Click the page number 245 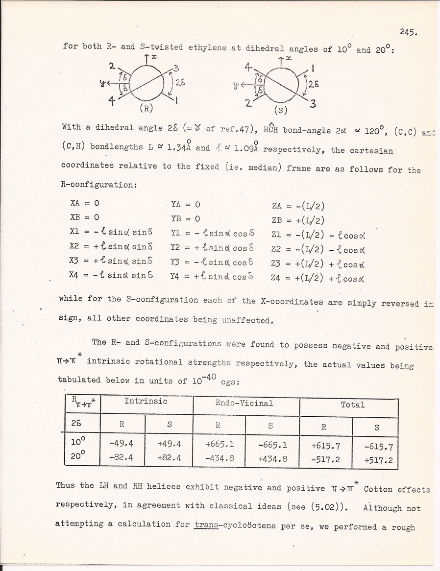tap(407, 32)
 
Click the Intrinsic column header tap(146, 402)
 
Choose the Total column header tap(352, 404)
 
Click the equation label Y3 tap(177, 263)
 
